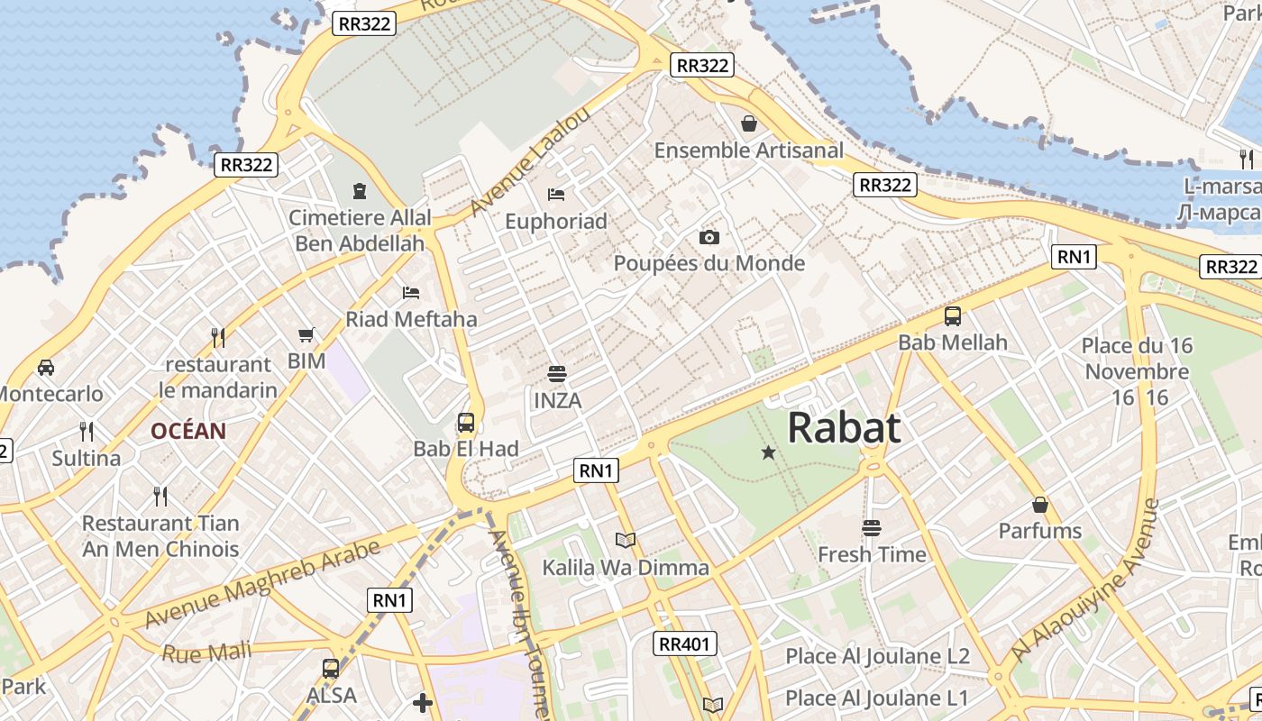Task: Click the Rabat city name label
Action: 844,427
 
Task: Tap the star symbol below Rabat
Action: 768,452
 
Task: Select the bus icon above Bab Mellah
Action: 953,316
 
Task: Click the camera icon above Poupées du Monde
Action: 709,237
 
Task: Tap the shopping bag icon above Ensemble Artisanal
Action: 748,123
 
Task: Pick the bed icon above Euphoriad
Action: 556,194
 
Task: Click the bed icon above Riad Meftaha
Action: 411,292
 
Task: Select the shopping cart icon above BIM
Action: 306,334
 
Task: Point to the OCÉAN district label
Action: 188,431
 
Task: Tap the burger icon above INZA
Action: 557,373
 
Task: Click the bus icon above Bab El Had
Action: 466,422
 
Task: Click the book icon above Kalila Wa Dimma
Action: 626,540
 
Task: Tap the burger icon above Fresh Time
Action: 871,527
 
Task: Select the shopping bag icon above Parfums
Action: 1039,505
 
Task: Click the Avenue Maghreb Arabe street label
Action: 261,585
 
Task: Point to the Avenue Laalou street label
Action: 530,160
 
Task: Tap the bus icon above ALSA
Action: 331,669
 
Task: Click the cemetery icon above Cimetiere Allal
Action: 360,190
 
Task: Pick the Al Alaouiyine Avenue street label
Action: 1084,580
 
